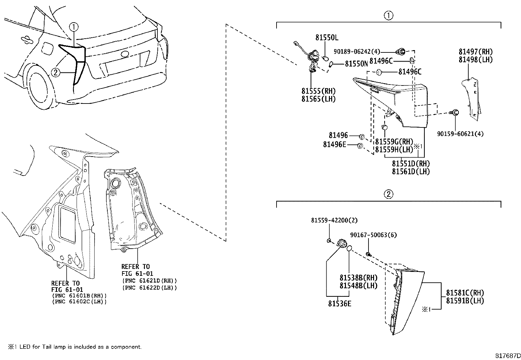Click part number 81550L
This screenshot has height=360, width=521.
[327, 38]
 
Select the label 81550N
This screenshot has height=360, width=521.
[356, 64]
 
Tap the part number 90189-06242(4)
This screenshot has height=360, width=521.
[357, 51]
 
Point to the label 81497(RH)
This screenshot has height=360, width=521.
[475, 51]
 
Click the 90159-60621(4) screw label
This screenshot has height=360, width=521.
[460, 134]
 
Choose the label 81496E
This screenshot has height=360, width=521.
[334, 144]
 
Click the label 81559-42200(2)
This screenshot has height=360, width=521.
[334, 221]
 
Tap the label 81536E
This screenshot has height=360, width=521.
[340, 304]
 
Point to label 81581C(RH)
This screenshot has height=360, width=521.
[465, 293]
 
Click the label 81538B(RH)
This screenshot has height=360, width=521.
[358, 278]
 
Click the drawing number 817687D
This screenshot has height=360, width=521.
[507, 355]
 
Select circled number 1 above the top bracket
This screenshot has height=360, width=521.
[388, 15]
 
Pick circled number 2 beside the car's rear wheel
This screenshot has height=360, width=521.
[56, 72]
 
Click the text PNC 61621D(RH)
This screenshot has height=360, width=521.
[150, 281]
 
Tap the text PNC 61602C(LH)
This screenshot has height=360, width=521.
[79, 301]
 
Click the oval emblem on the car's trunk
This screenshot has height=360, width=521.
[124, 54]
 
